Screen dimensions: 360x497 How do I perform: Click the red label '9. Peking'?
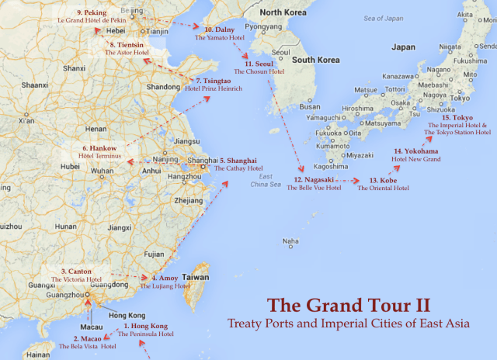tap(92, 13)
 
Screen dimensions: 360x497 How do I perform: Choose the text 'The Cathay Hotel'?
tap(238, 168)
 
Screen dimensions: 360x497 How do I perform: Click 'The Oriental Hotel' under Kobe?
tap(383, 188)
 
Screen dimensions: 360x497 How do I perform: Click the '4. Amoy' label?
tap(165, 277)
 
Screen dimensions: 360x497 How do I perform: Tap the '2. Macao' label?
tap(87, 338)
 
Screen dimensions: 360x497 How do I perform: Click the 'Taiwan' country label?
tap(196, 277)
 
